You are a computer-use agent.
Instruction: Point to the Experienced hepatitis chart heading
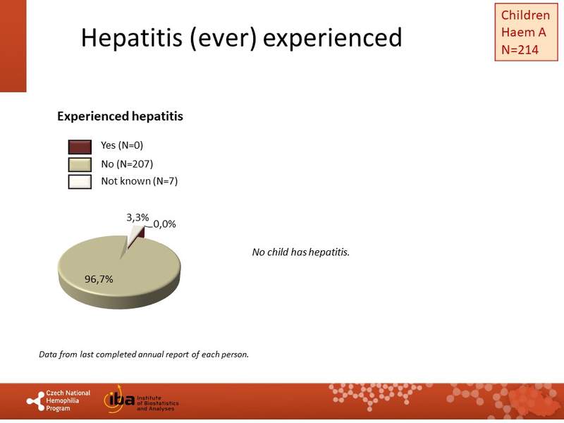pos(120,116)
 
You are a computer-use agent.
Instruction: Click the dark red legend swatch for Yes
pos(80,146)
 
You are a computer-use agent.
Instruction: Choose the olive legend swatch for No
pos(80,164)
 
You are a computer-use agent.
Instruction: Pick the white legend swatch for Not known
pos(80,181)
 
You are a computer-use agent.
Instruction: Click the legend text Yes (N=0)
pos(122,146)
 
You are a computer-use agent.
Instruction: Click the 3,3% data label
pos(137,219)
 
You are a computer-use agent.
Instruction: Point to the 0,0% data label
pos(164,224)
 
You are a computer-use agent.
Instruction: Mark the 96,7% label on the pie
pos(99,279)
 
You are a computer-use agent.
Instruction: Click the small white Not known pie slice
pos(132,240)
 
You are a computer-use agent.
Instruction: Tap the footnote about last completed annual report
pos(144,354)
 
